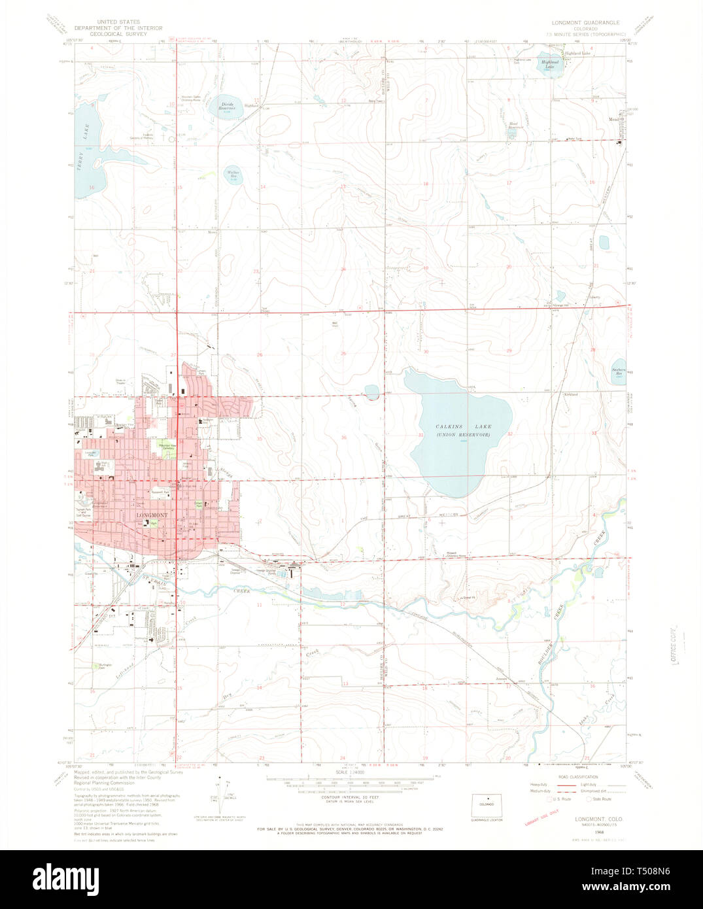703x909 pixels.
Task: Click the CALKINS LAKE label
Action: coord(455,426)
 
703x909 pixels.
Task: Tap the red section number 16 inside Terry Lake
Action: coord(92,188)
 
